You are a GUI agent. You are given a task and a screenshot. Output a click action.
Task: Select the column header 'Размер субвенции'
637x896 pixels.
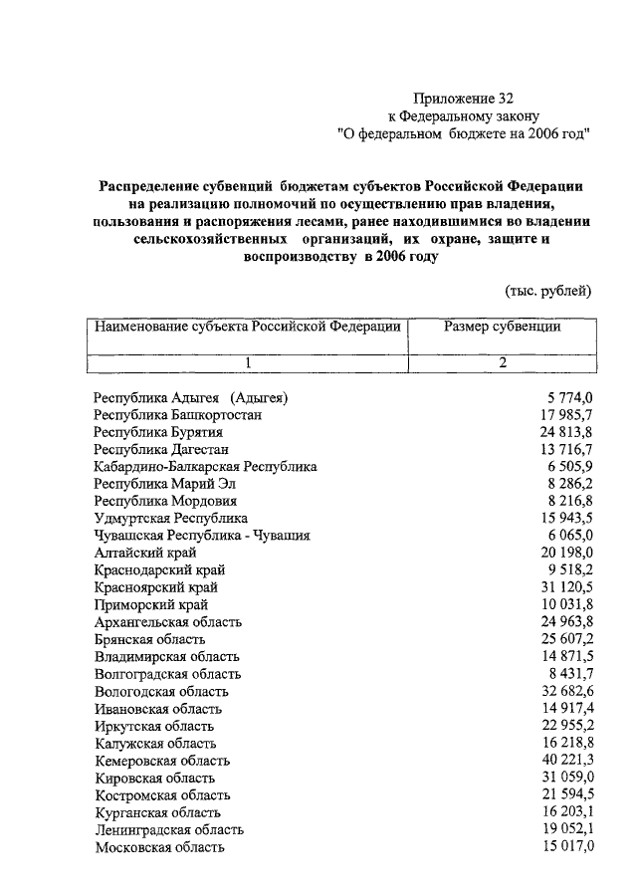(503, 327)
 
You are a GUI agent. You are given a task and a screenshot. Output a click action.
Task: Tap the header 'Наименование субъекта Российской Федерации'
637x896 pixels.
(247, 327)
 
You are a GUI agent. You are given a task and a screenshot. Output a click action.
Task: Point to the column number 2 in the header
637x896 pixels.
(503, 362)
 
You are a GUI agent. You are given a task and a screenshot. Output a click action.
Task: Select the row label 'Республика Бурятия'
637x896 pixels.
(158, 433)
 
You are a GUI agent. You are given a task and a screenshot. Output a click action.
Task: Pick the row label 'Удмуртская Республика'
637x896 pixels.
(171, 519)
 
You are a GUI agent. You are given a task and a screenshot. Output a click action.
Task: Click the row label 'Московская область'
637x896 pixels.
(159, 847)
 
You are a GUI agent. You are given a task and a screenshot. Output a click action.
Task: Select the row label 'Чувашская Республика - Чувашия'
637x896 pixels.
(202, 536)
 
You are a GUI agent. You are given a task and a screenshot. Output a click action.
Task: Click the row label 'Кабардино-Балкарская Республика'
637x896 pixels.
(205, 467)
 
